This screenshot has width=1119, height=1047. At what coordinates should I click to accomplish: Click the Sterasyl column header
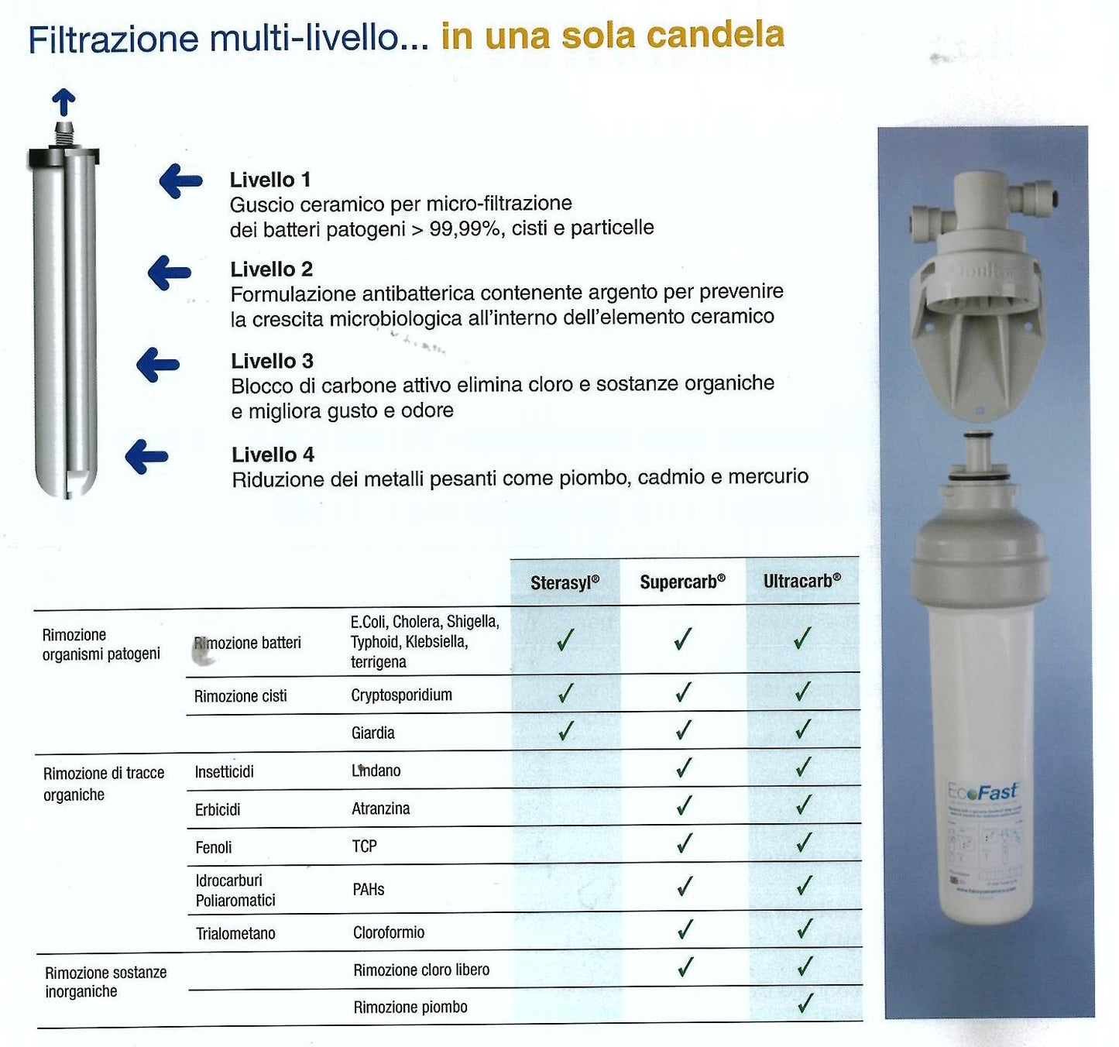tap(565, 583)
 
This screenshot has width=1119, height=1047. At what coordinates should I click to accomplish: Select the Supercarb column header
tap(682, 582)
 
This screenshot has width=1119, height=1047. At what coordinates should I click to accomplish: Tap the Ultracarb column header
tap(801, 581)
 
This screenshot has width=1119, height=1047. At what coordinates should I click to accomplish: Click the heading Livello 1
tap(270, 180)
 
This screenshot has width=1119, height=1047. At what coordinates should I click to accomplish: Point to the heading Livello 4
tap(273, 455)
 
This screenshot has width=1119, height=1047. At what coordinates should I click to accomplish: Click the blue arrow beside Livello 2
tap(169, 273)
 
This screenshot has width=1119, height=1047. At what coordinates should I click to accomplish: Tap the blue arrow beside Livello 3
tap(158, 364)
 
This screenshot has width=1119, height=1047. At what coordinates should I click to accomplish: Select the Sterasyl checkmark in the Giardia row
tap(566, 730)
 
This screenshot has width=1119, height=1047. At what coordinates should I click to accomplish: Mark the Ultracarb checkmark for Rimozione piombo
tap(805, 1004)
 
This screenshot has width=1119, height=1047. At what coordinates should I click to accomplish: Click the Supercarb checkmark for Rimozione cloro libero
tap(685, 966)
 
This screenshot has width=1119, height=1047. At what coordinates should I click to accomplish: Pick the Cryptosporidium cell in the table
tap(401, 695)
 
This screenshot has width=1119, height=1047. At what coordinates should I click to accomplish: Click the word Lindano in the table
tap(376, 771)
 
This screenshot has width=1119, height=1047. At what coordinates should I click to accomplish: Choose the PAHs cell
tap(368, 889)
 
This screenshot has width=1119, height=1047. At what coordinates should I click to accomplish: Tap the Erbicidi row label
tap(218, 809)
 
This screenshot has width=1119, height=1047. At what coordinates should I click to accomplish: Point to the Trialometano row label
tap(235, 933)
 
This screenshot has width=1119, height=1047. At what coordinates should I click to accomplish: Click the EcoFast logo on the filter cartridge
tap(982, 792)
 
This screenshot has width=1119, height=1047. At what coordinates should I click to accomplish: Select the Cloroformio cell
tap(388, 932)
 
